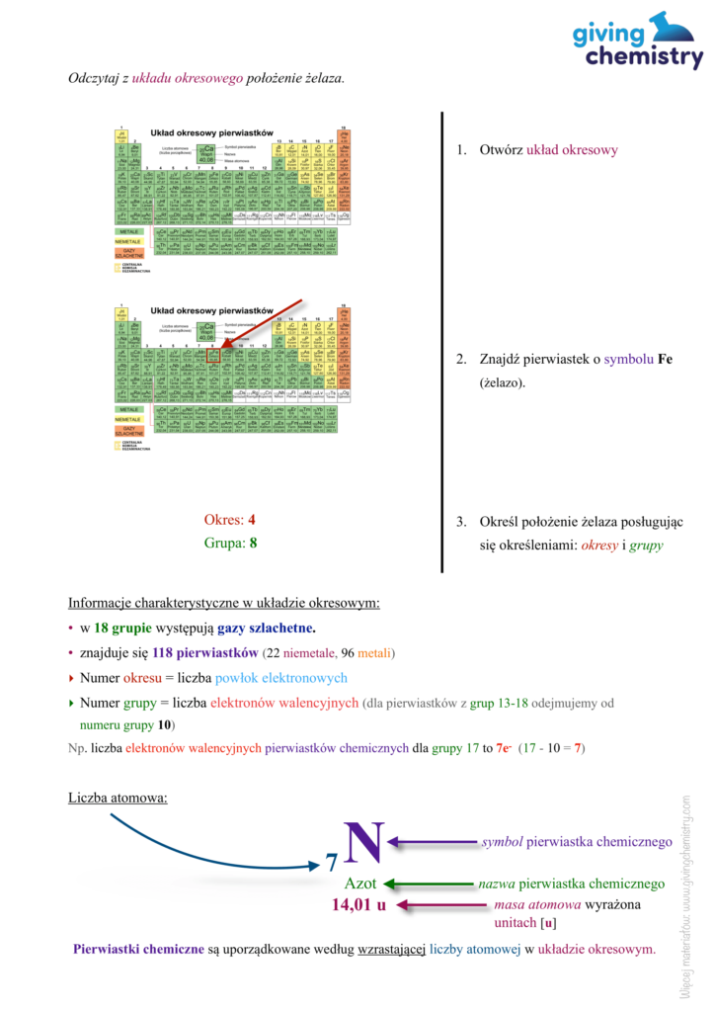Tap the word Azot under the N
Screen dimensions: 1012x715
(x=360, y=884)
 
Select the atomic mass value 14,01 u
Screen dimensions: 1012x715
(x=358, y=904)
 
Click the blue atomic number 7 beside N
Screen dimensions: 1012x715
(x=332, y=865)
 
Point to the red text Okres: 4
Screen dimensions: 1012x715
(x=229, y=519)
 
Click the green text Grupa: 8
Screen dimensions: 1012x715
(x=230, y=543)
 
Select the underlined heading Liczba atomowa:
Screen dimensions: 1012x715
(x=118, y=797)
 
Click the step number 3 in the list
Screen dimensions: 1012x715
(x=460, y=521)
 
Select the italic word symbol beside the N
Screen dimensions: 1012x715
(x=502, y=842)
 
